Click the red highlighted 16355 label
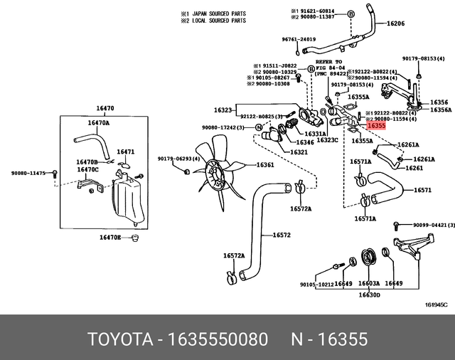377,125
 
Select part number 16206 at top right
395,23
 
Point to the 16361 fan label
264,164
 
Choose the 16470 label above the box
105,109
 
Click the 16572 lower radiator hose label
282,234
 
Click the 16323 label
223,110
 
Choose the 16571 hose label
423,190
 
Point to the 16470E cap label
109,236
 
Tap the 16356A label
440,110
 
